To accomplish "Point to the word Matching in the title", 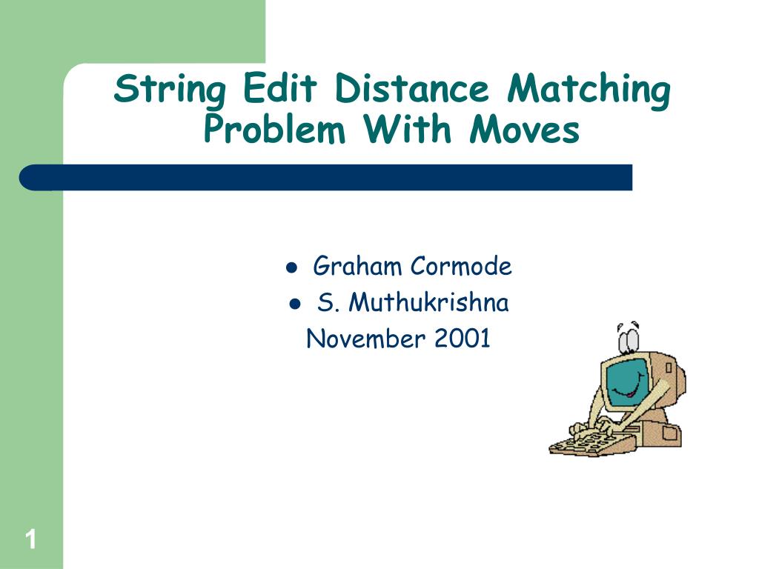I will [589, 90].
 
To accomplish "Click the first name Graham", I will [359, 265].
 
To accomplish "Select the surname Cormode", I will [461, 265].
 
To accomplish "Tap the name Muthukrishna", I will [428, 302].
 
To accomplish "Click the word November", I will [365, 339].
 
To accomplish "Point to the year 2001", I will [463, 339].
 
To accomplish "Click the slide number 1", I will [30, 539].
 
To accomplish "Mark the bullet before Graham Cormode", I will [292, 267].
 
